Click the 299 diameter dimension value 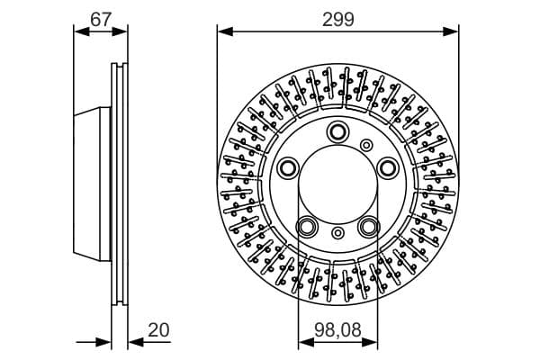click(x=339, y=17)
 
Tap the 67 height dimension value click(x=101, y=17)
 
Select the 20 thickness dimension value click(x=158, y=330)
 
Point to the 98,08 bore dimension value click(x=338, y=330)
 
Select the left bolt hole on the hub click(x=288, y=166)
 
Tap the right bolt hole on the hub click(x=388, y=166)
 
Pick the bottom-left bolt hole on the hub click(x=307, y=226)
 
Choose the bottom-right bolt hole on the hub click(x=369, y=226)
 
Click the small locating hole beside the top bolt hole click(x=366, y=145)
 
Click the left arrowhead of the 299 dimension click(x=222, y=31)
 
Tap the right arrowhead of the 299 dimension click(x=454, y=31)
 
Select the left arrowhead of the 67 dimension click(x=78, y=31)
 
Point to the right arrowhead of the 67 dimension click(x=123, y=31)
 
